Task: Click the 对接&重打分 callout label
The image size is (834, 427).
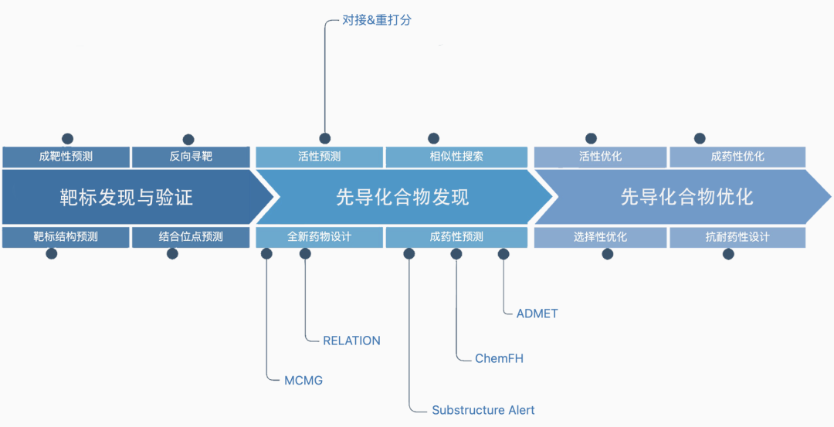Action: point(377,20)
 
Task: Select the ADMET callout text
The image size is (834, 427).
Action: point(537,313)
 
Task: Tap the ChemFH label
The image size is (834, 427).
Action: point(499,358)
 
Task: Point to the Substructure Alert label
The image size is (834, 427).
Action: point(483,410)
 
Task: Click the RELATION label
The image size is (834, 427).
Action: point(351,341)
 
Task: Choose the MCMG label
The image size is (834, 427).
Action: point(303,380)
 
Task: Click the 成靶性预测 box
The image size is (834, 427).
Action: point(66,157)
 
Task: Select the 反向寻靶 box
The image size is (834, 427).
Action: point(191,157)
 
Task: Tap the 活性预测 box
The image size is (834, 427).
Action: point(319,157)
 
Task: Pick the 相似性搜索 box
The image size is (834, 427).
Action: point(456,157)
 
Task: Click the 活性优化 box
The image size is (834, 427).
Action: point(600,157)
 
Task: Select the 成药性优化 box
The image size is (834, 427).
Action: point(737,157)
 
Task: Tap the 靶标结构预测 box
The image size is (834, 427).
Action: point(66,237)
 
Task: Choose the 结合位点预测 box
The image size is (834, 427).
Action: point(191,237)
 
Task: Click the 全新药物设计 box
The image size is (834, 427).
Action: point(319,237)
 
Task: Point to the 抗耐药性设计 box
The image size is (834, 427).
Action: point(737,237)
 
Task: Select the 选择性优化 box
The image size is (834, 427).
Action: point(600,237)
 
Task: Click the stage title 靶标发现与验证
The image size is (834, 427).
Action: point(126,197)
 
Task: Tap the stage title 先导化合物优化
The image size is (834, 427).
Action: point(687,197)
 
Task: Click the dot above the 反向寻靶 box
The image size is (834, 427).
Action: point(188,139)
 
